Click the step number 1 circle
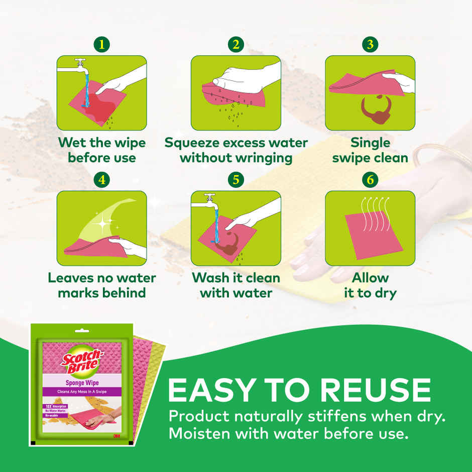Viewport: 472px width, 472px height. [x=102, y=44]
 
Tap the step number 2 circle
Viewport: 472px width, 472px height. [x=236, y=44]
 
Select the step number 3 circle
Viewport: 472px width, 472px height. [x=370, y=44]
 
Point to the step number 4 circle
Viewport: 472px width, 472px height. [x=102, y=180]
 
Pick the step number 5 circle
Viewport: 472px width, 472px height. [x=236, y=180]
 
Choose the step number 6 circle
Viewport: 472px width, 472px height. [x=370, y=180]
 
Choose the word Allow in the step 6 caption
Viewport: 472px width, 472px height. [x=370, y=278]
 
